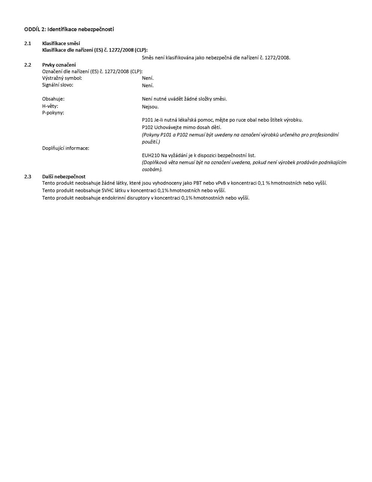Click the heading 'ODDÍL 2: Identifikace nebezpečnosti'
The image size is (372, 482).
point(69,29)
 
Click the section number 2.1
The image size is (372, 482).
point(27,43)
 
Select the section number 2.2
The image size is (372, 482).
point(27,65)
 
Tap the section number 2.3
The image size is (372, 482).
point(27,176)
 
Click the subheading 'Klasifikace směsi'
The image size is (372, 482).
point(61,43)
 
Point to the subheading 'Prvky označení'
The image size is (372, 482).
point(59,65)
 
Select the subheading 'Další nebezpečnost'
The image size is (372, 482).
point(64,176)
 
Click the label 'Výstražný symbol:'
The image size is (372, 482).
point(62,78)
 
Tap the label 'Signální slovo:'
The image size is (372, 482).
point(58,85)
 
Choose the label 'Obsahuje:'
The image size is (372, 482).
point(53,99)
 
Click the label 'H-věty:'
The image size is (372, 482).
point(50,106)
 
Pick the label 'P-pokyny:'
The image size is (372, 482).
point(53,113)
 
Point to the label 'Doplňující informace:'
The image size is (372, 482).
point(65,148)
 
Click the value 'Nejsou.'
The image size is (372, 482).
point(150,107)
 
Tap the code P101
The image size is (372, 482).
point(147,120)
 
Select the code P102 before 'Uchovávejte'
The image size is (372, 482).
point(147,127)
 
